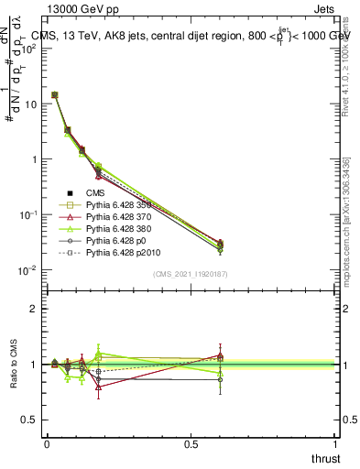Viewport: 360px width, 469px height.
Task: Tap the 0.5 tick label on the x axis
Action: (x=191, y=443)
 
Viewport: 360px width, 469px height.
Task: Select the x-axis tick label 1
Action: (x=336, y=443)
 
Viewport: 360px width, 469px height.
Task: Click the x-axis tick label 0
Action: (x=47, y=443)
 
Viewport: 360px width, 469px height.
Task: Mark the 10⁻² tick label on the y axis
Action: (x=27, y=269)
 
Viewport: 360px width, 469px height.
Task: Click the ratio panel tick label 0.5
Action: (x=27, y=420)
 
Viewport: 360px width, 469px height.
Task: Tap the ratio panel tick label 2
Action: (x=33, y=309)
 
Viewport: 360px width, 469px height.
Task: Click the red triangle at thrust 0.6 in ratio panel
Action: (x=220, y=355)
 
